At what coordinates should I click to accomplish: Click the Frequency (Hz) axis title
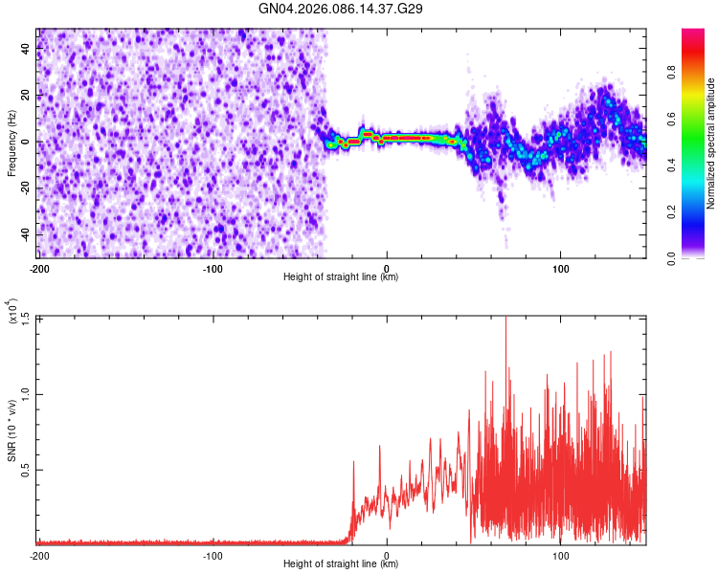click(x=11, y=143)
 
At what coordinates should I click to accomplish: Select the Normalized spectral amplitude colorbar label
click(x=710, y=143)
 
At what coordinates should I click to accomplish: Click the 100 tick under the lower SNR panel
click(x=560, y=555)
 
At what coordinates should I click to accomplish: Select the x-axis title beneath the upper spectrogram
click(x=341, y=277)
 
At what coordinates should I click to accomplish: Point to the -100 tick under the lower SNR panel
click(x=213, y=555)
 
